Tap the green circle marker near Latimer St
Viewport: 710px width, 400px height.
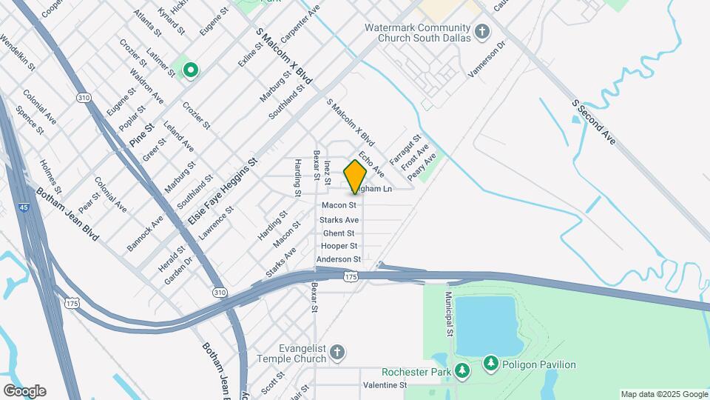coord(191,70)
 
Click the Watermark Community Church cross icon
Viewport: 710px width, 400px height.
coord(482,31)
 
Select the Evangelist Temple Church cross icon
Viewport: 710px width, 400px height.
coord(337,352)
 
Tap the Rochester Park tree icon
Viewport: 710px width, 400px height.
coord(462,370)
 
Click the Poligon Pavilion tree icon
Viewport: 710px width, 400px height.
coord(490,363)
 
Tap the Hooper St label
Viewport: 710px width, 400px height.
coord(339,246)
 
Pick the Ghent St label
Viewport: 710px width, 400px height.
coord(339,233)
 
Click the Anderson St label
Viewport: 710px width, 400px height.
coord(338,259)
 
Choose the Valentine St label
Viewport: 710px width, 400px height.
coord(385,386)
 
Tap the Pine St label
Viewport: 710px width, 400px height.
coord(141,133)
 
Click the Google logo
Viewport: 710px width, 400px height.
coord(24,390)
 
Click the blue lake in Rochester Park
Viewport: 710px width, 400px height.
coord(484,326)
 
